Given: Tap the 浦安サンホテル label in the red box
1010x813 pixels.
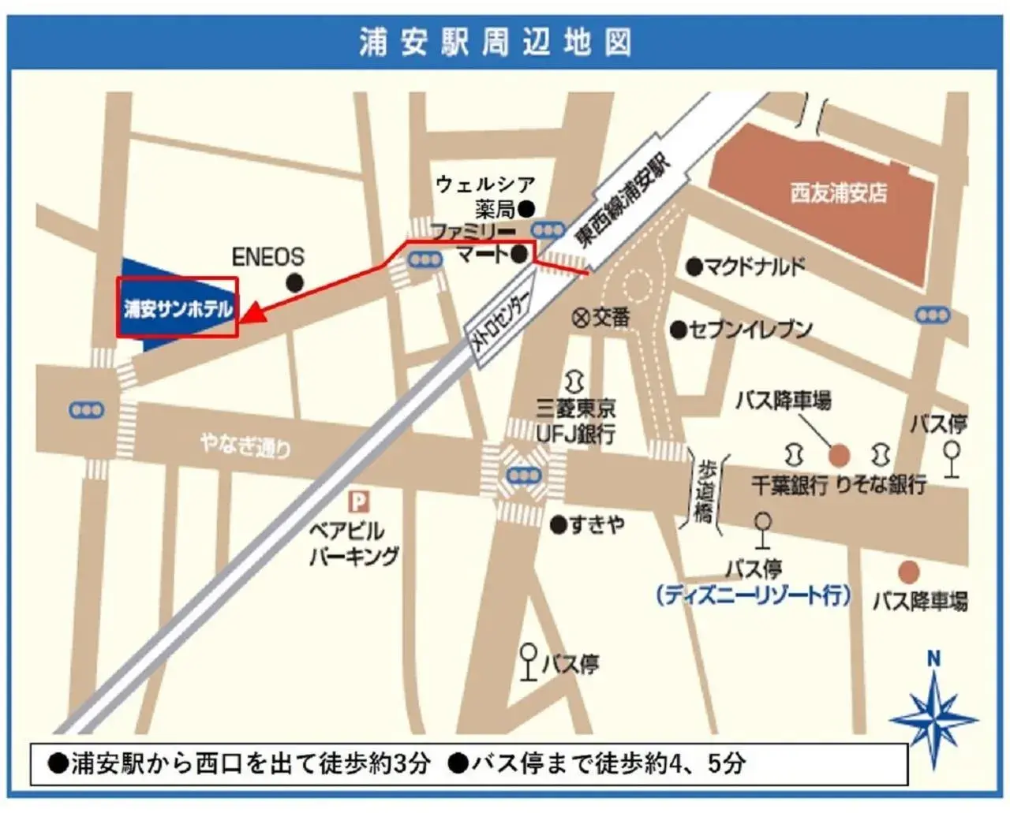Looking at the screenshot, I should [x=178, y=308].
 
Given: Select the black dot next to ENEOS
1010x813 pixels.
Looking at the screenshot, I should [x=295, y=283].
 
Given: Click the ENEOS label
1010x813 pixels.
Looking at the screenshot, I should [x=267, y=257].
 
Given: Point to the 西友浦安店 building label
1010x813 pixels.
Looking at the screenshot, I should [x=838, y=192].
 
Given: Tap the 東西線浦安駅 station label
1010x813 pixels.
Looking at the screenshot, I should [x=623, y=201].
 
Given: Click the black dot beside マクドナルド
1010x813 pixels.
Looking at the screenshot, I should [x=694, y=267].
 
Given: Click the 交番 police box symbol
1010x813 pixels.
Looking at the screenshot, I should [x=580, y=317].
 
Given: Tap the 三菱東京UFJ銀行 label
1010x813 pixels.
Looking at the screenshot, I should [x=576, y=421].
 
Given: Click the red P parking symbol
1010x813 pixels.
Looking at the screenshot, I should [x=359, y=502].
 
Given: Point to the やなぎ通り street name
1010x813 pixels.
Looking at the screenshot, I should [x=245, y=446].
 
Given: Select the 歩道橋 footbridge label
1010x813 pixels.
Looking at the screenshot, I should [x=705, y=490].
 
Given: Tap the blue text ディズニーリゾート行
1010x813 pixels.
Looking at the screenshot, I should [x=754, y=595].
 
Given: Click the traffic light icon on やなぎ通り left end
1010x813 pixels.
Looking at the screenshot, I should [x=86, y=410].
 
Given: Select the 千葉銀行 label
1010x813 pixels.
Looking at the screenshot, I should [x=788, y=484].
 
